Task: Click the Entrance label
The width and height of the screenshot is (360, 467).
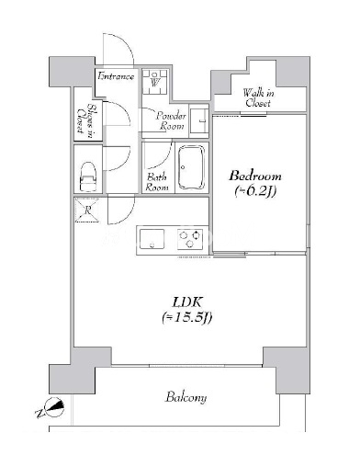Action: tap(116, 76)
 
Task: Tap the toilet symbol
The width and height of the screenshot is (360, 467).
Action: tap(88, 177)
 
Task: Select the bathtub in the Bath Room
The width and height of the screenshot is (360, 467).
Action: tap(191, 167)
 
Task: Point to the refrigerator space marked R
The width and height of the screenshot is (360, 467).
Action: tap(87, 210)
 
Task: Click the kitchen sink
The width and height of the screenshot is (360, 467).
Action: tap(152, 239)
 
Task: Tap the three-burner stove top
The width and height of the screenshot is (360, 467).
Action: tap(190, 239)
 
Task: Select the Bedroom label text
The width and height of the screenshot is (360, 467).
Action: tap(255, 176)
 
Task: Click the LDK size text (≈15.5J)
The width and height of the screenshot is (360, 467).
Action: tap(187, 318)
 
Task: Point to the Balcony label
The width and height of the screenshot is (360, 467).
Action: tap(186, 397)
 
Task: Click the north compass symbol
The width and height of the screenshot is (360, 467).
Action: tap(51, 408)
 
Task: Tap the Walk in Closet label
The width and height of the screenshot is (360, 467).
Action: tap(258, 97)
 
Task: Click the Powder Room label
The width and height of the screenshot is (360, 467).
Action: tap(171, 121)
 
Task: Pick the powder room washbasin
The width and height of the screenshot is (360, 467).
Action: tap(199, 121)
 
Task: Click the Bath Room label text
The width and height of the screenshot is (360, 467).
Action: tap(157, 182)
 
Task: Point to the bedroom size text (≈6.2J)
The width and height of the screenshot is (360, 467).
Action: tap(255, 191)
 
